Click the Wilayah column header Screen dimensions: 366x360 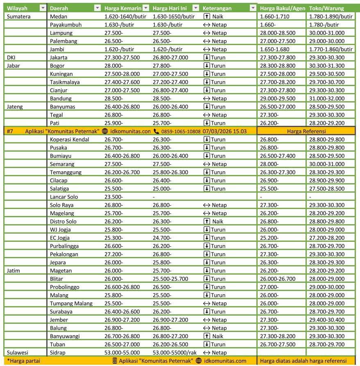[x=17, y=8]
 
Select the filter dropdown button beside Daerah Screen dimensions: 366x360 [x=97, y=8]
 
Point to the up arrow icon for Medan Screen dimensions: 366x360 [x=207, y=16]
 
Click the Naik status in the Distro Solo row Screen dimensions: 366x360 [x=218, y=221]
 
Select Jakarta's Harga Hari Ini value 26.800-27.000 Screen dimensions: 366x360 [x=170, y=57]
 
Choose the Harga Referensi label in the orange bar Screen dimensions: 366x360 [x=306, y=131]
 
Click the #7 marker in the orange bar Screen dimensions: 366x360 [x=11, y=131]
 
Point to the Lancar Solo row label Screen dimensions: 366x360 [x=64, y=197]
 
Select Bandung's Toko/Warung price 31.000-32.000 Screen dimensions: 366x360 [x=327, y=98]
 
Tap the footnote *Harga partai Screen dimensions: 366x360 [x=22, y=361]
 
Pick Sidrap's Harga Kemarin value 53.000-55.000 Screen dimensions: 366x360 [x=122, y=352]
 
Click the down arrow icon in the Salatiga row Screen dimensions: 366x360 [x=207, y=189]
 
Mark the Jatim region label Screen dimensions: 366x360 [x=14, y=271]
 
